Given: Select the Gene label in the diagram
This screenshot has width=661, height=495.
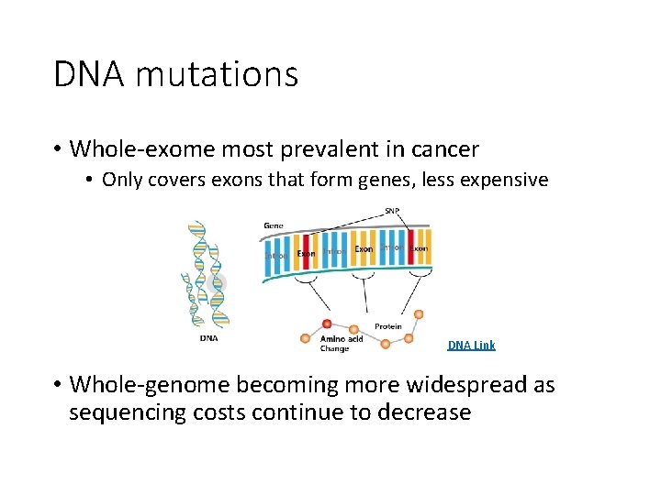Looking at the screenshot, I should click(x=273, y=225).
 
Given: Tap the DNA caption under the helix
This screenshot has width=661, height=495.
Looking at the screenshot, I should click(x=208, y=337).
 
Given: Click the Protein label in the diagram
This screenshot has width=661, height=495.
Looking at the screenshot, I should click(x=387, y=326).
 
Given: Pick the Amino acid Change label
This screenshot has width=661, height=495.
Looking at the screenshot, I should click(x=341, y=343).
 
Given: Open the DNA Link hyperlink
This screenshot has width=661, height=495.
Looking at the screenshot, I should click(x=471, y=346).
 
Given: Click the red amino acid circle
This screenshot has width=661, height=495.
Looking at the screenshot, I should click(x=327, y=324).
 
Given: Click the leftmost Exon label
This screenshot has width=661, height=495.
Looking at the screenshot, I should click(x=306, y=254).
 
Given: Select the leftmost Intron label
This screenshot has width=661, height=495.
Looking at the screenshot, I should click(x=275, y=256).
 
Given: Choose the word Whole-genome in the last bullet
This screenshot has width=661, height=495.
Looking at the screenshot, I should click(x=151, y=384).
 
